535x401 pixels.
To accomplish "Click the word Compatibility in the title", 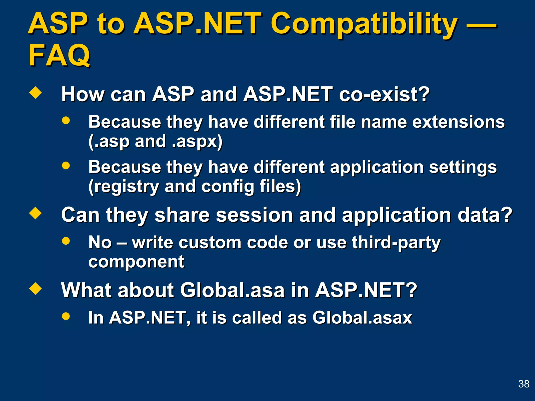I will (x=364, y=24).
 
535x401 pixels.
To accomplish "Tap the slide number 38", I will (x=524, y=384).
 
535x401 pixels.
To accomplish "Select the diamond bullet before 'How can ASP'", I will (x=36, y=93).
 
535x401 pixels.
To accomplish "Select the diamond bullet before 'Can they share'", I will (x=36, y=213).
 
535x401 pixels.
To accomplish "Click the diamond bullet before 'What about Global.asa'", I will (x=36, y=289).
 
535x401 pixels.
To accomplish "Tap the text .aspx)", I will (x=197, y=141).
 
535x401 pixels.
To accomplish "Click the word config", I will (x=228, y=187).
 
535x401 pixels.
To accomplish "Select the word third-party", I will (x=396, y=243).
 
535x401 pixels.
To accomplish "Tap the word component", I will (x=136, y=262).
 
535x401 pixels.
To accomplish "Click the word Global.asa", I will (x=232, y=290).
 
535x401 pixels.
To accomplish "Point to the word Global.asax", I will (x=362, y=318).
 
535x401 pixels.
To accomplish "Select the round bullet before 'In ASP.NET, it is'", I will (x=66, y=316).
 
